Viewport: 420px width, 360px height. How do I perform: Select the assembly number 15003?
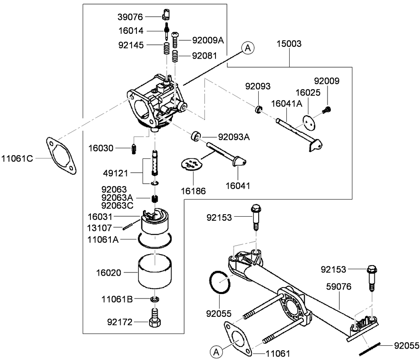click(x=289, y=44)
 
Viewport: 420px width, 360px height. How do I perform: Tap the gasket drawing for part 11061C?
click(x=62, y=156)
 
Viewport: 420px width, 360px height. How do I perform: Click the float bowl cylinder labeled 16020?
click(x=155, y=271)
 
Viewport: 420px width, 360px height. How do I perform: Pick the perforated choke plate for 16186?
click(x=191, y=164)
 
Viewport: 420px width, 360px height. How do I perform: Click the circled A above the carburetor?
click(x=247, y=48)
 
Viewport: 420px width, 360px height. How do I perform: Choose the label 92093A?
click(x=234, y=137)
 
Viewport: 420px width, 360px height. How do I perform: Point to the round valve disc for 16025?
click(x=310, y=121)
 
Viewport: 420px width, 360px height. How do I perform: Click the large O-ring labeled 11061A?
click(x=155, y=240)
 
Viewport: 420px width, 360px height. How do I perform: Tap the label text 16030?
click(x=102, y=147)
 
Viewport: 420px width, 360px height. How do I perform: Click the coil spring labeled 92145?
click(x=167, y=49)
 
